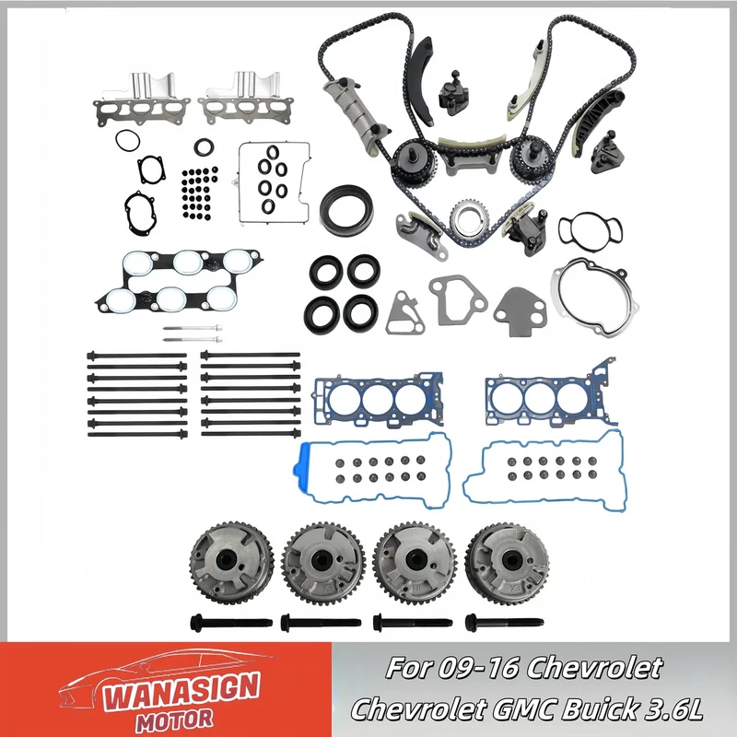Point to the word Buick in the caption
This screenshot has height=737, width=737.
[x=597, y=708]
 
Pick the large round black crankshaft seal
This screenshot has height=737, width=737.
[x=347, y=210]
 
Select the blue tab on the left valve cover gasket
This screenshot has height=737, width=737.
[x=301, y=468]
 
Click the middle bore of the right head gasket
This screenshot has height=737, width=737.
[x=540, y=399]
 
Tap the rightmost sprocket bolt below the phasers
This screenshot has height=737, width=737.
[x=504, y=624]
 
